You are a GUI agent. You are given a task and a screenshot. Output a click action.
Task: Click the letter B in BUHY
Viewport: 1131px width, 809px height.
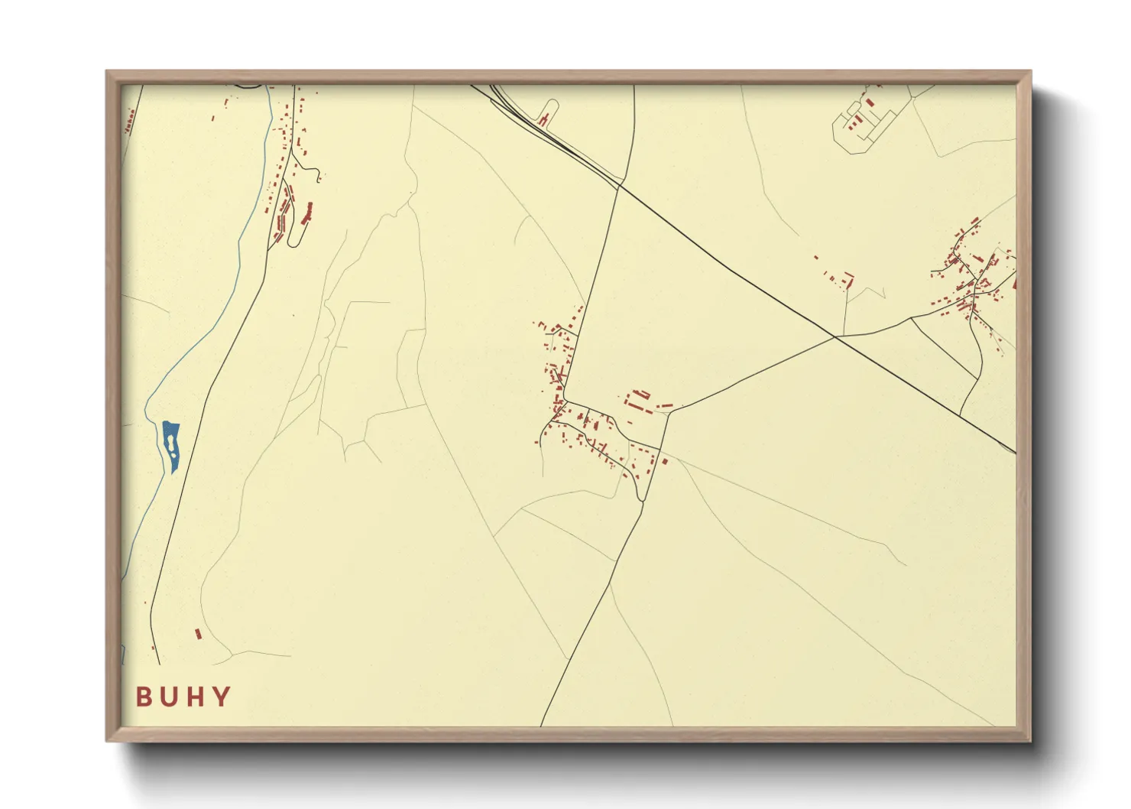[x=143, y=697]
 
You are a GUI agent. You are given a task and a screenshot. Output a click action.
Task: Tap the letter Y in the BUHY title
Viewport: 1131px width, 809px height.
[x=222, y=697]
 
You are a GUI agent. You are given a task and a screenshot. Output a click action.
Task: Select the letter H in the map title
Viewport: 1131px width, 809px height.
[x=195, y=697]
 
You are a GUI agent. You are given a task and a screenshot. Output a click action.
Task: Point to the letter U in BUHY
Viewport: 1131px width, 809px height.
[x=168, y=697]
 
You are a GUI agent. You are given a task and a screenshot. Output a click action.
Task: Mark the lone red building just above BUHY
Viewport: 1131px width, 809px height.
[x=199, y=633]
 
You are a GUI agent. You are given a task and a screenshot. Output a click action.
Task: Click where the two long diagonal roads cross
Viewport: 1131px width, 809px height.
[x=836, y=336]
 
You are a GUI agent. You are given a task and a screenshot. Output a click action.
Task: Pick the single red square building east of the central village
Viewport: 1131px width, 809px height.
[x=665, y=460]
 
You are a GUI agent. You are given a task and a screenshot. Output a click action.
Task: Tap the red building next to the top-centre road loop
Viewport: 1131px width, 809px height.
[x=544, y=119]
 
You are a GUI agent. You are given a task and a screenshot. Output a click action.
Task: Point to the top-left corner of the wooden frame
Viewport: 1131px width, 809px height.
[x=108, y=73]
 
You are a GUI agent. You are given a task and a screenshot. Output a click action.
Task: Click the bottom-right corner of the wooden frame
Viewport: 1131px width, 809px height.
[x=1029, y=740]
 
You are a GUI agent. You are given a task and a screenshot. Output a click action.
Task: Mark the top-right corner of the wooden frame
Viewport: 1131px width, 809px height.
[x=1029, y=73]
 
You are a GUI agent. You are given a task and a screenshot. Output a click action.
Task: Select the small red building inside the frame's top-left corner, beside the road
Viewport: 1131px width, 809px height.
[x=130, y=119]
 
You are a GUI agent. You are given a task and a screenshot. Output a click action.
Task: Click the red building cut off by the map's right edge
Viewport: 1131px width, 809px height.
[x=1014, y=283]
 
